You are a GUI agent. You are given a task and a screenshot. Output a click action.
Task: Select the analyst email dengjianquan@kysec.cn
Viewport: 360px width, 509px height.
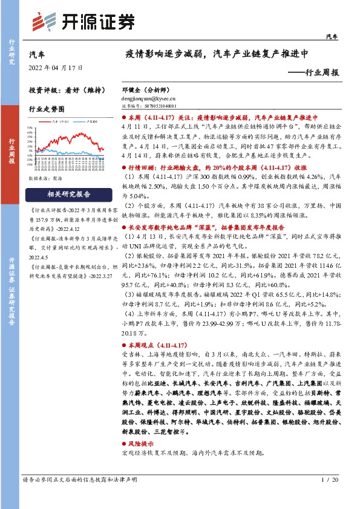pyautogui.click(x=148, y=96)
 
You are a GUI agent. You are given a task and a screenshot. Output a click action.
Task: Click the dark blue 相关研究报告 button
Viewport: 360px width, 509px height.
pyautogui.click(x=68, y=195)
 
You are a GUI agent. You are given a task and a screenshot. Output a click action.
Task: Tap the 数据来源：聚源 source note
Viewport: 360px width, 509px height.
pyautogui.click(x=45, y=180)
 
